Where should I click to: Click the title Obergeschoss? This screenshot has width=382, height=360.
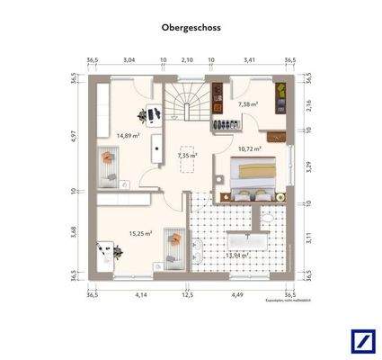click(x=191, y=28)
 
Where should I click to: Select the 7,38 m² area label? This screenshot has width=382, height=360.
click(x=248, y=104)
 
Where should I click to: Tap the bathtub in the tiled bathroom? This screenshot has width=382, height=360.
click(x=244, y=239)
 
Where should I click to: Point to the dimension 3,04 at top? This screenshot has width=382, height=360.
click(x=129, y=60)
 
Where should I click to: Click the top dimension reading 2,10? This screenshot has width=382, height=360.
click(x=187, y=60)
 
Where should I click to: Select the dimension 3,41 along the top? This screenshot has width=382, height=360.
click(x=250, y=60)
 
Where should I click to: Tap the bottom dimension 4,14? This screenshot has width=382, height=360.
click(x=140, y=294)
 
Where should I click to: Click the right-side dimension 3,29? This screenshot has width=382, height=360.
click(x=307, y=166)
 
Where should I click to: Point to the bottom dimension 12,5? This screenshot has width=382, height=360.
click(x=187, y=294)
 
